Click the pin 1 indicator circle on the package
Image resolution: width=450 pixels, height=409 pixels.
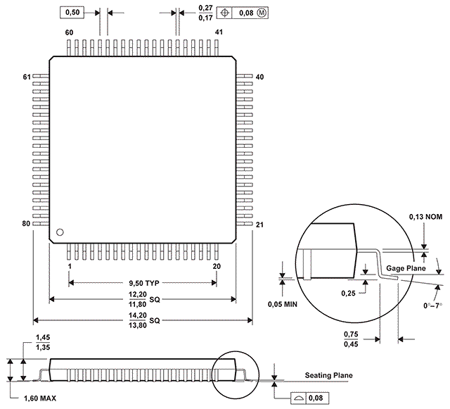[60, 232]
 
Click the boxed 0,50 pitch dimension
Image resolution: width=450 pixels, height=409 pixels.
[72, 13]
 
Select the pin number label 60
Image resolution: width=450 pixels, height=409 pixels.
[69, 32]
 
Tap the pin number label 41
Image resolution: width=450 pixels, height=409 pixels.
[219, 32]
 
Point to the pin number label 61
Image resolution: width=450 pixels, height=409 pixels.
[27, 77]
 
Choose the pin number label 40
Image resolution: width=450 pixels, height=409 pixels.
[259, 77]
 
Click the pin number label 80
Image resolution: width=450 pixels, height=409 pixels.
[26, 223]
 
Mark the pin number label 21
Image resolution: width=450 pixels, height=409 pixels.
[259, 225]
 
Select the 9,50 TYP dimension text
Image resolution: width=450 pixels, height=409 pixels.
[143, 283]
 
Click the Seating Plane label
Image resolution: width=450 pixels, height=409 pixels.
[328, 375]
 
